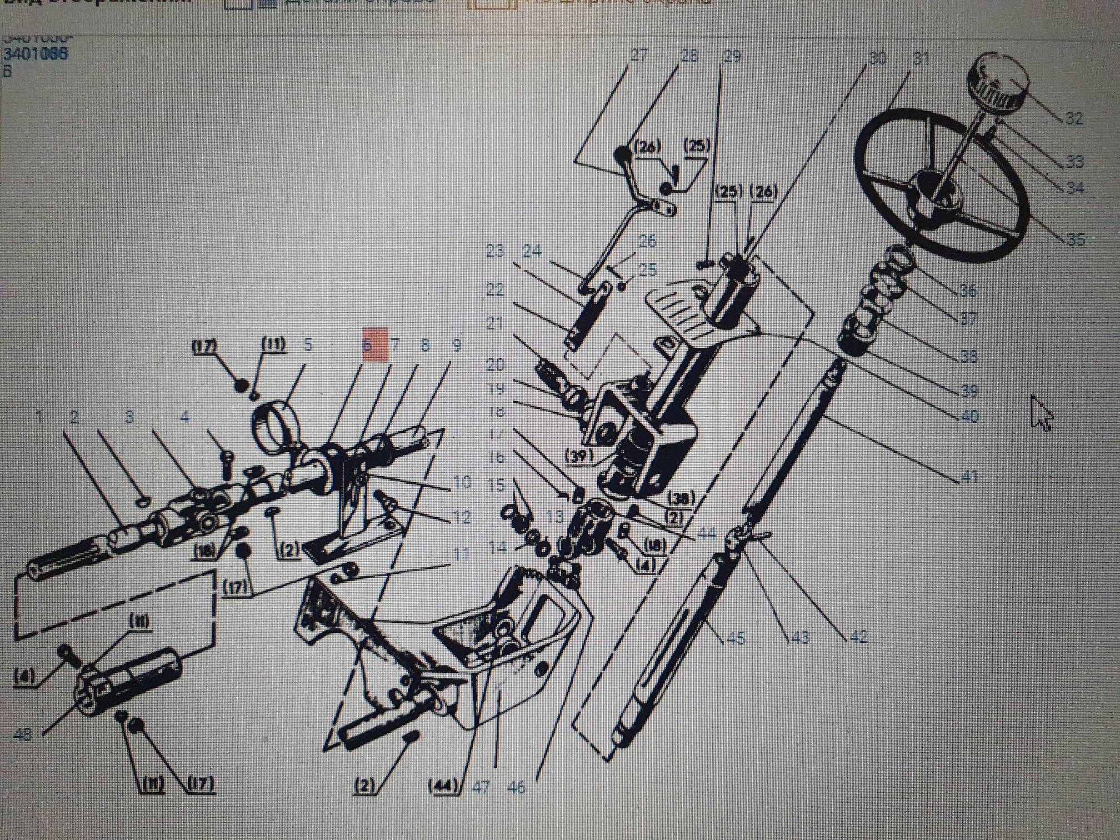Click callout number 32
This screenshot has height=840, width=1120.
click(x=1073, y=118)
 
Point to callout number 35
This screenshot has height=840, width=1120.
click(x=1076, y=239)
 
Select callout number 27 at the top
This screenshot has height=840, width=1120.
click(x=639, y=56)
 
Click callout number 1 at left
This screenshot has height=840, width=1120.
click(x=39, y=417)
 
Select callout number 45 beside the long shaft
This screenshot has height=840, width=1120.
click(x=736, y=638)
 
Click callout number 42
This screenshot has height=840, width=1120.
click(x=858, y=636)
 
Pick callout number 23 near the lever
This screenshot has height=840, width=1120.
click(x=494, y=251)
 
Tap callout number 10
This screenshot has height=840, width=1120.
click(x=462, y=482)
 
